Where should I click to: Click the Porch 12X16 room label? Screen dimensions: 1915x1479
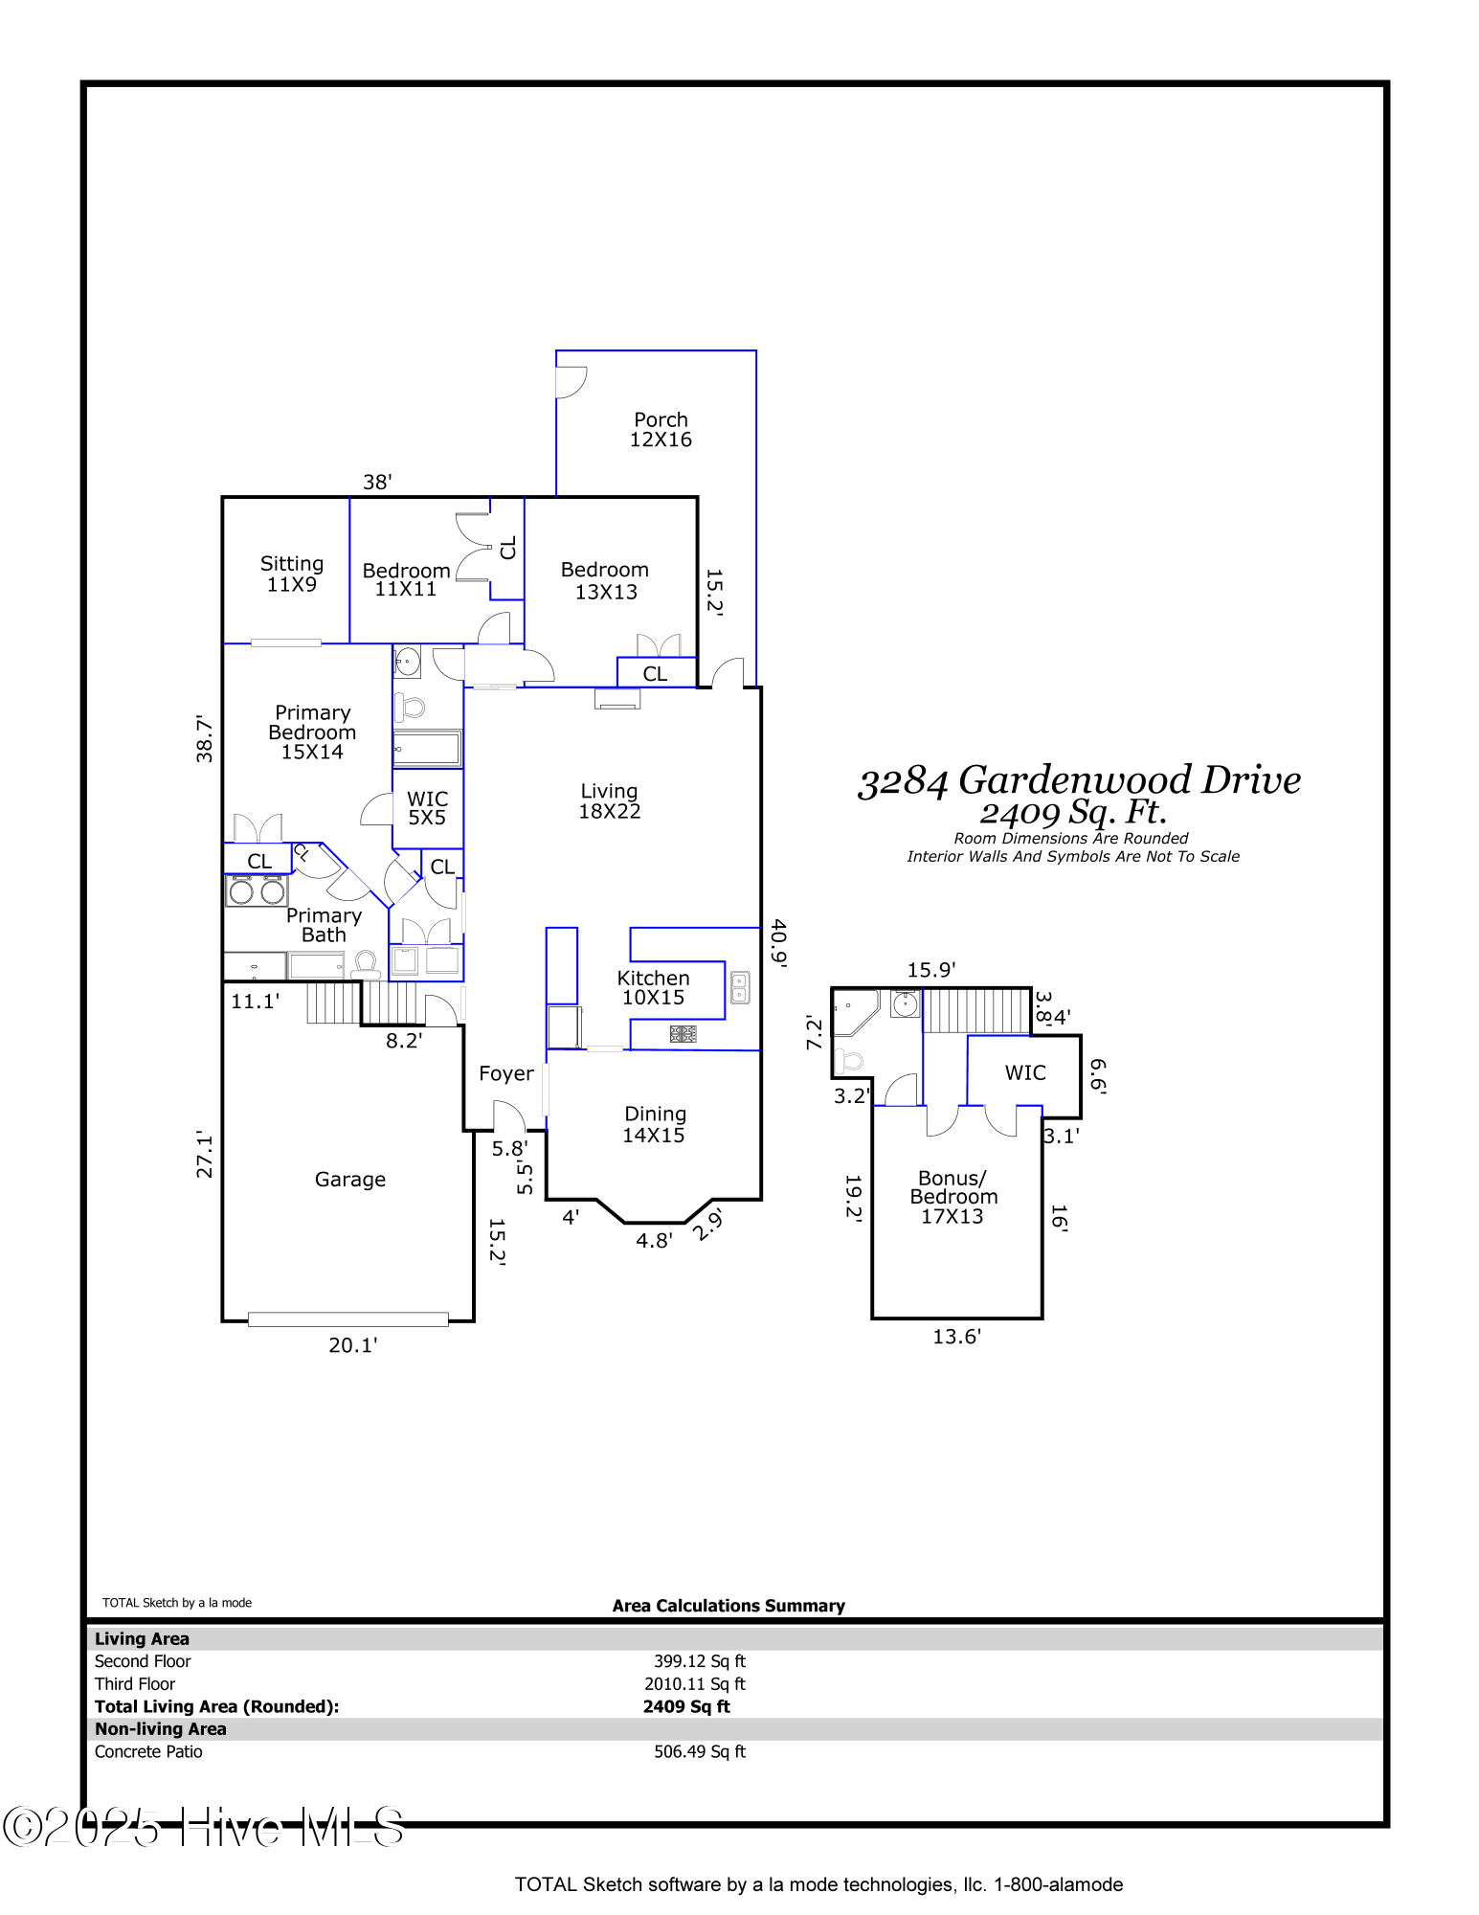click(x=661, y=430)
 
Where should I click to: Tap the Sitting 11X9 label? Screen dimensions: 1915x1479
click(x=292, y=574)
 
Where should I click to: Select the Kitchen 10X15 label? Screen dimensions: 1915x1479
click(x=653, y=987)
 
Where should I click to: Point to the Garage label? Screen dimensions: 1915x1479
click(x=350, y=1180)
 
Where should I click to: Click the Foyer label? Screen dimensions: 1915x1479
click(x=505, y=1073)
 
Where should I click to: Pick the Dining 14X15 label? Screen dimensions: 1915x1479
click(x=655, y=1124)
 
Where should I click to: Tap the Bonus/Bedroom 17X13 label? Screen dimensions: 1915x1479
click(x=952, y=1197)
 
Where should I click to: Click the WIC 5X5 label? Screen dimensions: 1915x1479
click(x=427, y=808)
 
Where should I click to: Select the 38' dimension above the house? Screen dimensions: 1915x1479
click(x=377, y=482)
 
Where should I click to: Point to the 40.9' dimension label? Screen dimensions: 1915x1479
click(x=778, y=943)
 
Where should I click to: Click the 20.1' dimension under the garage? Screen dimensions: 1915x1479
click(x=352, y=1345)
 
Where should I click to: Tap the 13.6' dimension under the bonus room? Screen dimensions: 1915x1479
click(x=956, y=1337)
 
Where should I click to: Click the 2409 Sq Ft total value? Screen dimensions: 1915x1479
click(x=686, y=1706)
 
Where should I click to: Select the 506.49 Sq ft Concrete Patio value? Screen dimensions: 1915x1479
click(x=699, y=1751)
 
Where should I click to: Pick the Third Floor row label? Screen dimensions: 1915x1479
click(x=135, y=1683)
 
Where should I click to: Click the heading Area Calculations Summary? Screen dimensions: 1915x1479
click(x=728, y=1606)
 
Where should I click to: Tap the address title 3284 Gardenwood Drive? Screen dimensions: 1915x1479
click(x=1079, y=780)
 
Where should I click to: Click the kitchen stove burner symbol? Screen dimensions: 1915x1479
click(x=683, y=1034)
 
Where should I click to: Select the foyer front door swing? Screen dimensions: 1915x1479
click(x=508, y=1115)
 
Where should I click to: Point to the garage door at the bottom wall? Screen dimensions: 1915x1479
click(x=348, y=1319)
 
